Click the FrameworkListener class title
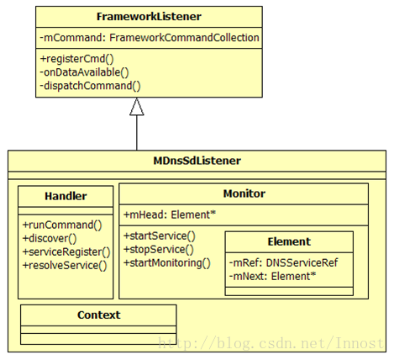149,17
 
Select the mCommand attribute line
150,38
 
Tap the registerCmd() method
77,59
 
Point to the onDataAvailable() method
84,72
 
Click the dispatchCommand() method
90,86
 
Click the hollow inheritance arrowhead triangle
137,107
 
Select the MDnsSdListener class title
197,161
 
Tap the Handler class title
66,196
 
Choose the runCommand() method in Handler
62,225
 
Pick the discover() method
50,239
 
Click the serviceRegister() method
66,252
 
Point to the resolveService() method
65,266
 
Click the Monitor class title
244,193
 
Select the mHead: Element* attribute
170,214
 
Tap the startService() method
160,236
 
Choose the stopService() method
159,250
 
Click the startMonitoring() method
167,263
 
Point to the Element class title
289,241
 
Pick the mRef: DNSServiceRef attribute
283,263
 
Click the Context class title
99,315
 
